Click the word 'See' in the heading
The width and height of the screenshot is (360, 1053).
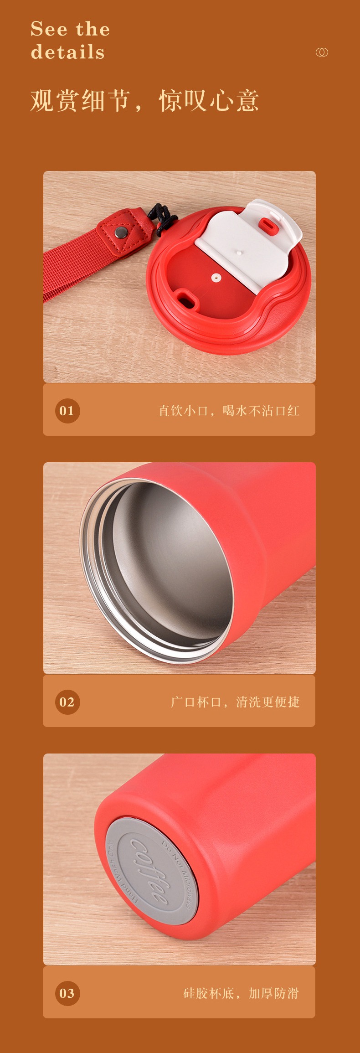pyautogui.click(x=49, y=30)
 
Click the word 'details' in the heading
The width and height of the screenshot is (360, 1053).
pyautogui.click(x=68, y=52)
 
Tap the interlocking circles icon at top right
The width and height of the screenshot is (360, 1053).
pyautogui.click(x=322, y=52)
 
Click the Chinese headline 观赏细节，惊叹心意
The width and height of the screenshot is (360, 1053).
pyautogui.click(x=144, y=101)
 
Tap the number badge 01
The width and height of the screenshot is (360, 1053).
pyautogui.click(x=67, y=411)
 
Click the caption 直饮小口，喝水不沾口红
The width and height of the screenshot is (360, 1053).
pyautogui.click(x=229, y=411)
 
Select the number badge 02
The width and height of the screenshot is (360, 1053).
pyautogui.click(x=67, y=702)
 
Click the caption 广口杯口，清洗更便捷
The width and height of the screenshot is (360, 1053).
pyautogui.click(x=235, y=702)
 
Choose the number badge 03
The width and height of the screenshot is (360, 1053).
pyautogui.click(x=67, y=993)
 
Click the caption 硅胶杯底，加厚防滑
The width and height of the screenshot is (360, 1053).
pyautogui.click(x=241, y=993)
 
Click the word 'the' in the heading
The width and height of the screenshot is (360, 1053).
pyautogui.click(x=93, y=30)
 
